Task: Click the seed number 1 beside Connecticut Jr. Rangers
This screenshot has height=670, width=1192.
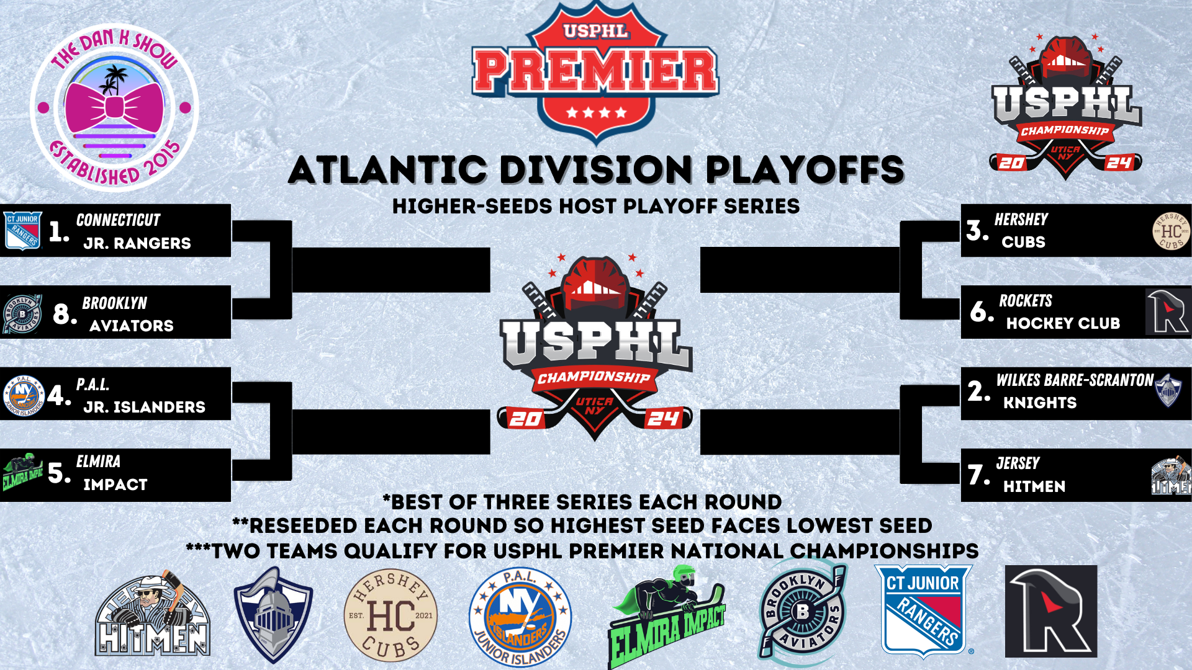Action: tap(59, 231)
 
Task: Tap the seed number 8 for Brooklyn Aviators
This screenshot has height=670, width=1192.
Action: tap(65, 314)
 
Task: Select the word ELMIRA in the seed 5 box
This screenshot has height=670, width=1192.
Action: tap(98, 462)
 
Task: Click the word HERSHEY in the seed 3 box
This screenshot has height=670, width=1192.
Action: tap(1021, 220)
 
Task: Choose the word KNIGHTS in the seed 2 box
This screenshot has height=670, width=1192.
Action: tap(1040, 403)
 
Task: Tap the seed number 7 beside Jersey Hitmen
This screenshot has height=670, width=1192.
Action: tap(979, 475)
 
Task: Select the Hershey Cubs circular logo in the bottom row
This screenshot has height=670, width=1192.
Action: tap(391, 615)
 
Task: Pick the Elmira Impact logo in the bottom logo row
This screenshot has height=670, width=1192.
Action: tap(666, 617)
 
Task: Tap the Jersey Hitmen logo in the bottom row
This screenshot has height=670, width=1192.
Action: tap(153, 614)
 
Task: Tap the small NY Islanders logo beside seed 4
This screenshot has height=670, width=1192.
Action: tap(24, 396)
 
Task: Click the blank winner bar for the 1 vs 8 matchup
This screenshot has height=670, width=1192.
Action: tap(391, 270)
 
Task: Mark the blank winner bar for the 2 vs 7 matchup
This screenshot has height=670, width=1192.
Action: tap(800, 432)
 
